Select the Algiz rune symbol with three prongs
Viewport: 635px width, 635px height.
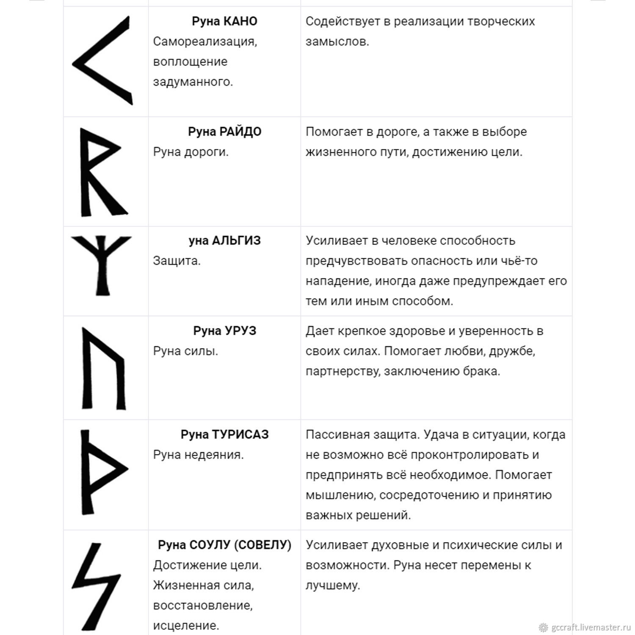click(102, 262)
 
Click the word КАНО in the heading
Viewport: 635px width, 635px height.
click(240, 21)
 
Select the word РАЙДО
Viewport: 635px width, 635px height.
click(240, 132)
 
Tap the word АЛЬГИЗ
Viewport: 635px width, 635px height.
click(236, 240)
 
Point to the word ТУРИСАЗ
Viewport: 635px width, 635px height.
click(240, 434)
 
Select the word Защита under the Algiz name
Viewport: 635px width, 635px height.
click(176, 261)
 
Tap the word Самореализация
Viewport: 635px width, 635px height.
click(205, 41)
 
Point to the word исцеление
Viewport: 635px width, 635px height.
click(186, 625)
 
